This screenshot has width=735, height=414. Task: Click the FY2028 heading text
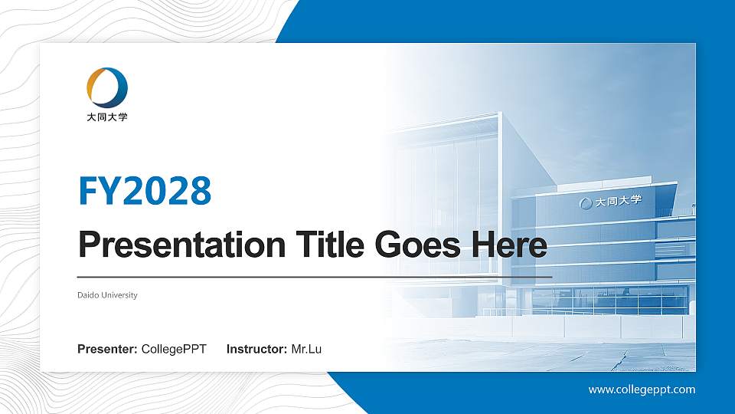[x=145, y=190]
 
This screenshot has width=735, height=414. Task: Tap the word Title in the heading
[x=329, y=245]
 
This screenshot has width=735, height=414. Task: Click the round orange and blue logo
[x=107, y=87]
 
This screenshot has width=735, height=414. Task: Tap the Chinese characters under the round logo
[x=107, y=117]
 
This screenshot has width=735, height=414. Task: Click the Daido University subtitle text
[x=107, y=295]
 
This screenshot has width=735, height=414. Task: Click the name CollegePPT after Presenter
[x=174, y=350]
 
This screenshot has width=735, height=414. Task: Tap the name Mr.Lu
[x=306, y=350]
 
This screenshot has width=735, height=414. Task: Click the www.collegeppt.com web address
[x=642, y=389]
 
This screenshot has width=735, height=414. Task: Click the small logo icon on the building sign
[x=586, y=203]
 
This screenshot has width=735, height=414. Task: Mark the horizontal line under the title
[x=315, y=276]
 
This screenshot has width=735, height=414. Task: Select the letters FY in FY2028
[x=100, y=190]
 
